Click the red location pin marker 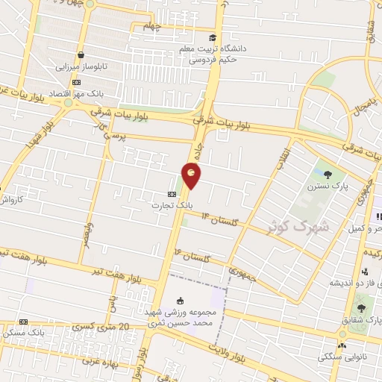click(x=191, y=176)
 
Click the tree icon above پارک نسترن click(x=328, y=175)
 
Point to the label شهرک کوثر click(x=295, y=225)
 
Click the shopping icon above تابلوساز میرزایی click(x=81, y=55)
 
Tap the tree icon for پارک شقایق click(x=362, y=308)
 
